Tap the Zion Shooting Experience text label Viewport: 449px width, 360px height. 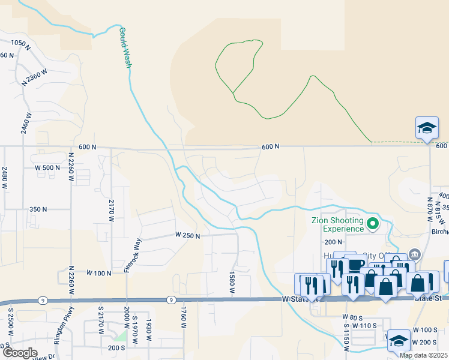coord(338,224)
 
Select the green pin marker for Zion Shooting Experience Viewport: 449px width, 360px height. coord(373,225)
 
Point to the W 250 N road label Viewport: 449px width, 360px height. coord(187,235)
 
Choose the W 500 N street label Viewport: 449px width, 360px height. coord(47,167)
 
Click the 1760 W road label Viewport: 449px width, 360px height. coord(184,317)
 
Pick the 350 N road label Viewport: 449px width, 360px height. coord(38,209)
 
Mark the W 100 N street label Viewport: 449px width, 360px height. coord(99,273)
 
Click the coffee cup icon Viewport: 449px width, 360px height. coord(355,265)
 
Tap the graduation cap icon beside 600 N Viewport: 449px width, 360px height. coord(426,128)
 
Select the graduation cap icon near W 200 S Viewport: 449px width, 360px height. coord(398,341)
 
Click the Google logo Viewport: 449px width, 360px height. coord(20,353)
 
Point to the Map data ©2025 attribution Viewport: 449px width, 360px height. coord(423,355)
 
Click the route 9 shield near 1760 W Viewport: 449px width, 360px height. coord(171,299)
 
